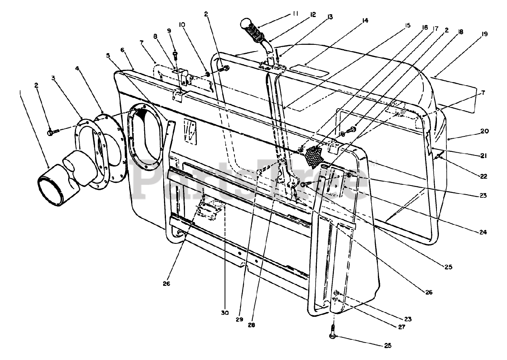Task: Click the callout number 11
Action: point(296,14)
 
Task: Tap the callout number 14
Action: point(365,20)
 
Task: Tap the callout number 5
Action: point(109,56)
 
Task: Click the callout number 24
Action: point(483,232)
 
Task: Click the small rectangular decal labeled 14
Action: point(309,71)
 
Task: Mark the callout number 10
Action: point(182,24)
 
